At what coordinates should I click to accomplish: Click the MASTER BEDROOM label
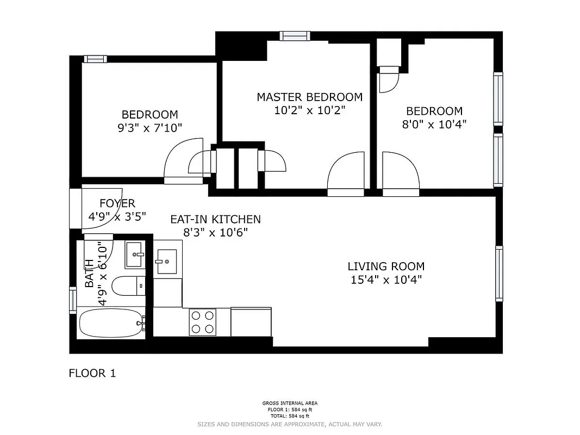(309, 97)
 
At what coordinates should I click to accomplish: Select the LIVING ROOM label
(386, 266)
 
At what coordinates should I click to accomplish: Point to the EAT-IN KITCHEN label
(215, 219)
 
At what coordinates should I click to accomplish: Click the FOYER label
(117, 203)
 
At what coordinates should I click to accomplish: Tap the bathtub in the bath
(111, 324)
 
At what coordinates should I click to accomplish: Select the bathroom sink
(135, 254)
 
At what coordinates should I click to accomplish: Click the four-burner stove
(202, 321)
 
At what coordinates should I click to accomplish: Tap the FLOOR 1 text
(92, 374)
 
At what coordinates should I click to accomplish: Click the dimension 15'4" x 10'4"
(386, 280)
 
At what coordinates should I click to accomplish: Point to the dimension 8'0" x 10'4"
(434, 124)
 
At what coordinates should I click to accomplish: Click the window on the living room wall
(498, 273)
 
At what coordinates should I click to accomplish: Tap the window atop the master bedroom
(294, 36)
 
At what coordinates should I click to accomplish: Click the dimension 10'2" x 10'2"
(309, 110)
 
